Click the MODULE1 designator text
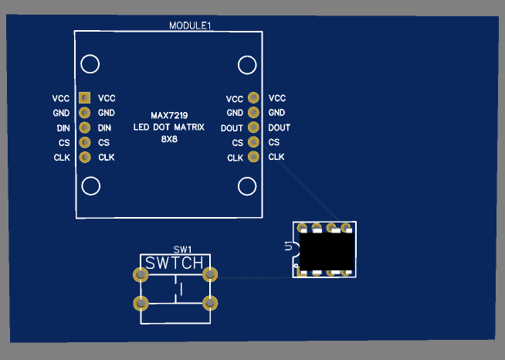190,25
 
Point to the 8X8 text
169,139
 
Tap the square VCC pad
84,98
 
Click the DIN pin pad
84,127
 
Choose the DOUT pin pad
253,127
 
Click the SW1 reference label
181,250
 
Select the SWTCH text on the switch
175,263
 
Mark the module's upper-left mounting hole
90,63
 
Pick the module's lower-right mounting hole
247,185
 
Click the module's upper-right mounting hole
247,63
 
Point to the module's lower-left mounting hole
90,185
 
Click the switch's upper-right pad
209,274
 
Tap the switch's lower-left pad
141,303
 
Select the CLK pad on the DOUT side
253,157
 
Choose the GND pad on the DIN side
84,113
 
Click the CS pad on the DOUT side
253,142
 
